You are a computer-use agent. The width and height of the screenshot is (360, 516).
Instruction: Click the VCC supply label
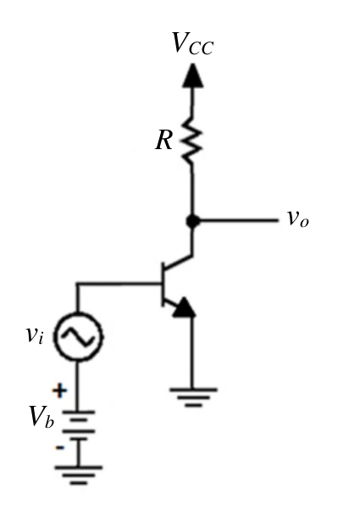click(x=193, y=43)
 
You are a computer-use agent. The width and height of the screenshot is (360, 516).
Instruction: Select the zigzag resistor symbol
click(x=191, y=140)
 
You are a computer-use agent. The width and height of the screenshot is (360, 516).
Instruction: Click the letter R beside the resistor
click(x=163, y=140)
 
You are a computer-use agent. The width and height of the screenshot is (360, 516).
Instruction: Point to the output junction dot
click(x=192, y=221)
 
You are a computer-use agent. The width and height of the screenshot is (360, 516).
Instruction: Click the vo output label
click(x=298, y=219)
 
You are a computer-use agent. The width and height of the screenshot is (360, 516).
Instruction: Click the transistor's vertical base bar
click(x=163, y=285)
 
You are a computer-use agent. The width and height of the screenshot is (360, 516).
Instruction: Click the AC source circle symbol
click(x=78, y=336)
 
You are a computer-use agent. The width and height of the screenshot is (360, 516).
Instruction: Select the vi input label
click(x=35, y=335)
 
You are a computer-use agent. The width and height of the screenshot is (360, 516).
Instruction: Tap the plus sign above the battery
click(x=59, y=391)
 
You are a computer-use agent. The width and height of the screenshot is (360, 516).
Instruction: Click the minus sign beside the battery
click(x=60, y=447)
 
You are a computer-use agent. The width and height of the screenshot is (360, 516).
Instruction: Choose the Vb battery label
click(x=42, y=417)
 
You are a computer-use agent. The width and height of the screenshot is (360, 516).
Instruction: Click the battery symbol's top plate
click(x=78, y=412)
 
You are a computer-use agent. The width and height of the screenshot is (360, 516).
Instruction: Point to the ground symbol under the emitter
click(x=193, y=397)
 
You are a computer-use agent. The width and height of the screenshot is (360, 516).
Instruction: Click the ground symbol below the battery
click(x=79, y=475)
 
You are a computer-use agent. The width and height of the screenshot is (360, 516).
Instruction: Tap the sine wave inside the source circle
click(x=78, y=337)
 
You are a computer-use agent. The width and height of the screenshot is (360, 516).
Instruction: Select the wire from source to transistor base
click(x=119, y=283)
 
